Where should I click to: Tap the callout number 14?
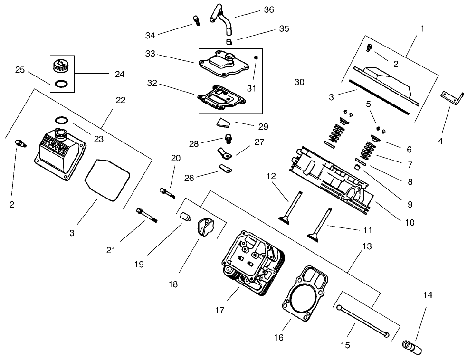[x=427, y=295]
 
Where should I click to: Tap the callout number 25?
[x=20, y=70]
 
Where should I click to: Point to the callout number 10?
[x=410, y=222]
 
